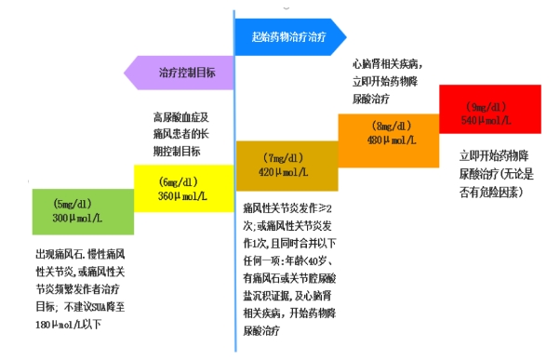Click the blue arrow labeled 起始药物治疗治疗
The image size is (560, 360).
[x=288, y=36]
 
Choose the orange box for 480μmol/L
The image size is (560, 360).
[x=386, y=134]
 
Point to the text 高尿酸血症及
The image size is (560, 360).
[x=182, y=117]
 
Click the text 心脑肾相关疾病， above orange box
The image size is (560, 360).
[x=386, y=64]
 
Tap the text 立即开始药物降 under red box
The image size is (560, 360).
[x=494, y=154]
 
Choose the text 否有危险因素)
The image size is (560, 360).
[x=489, y=192]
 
